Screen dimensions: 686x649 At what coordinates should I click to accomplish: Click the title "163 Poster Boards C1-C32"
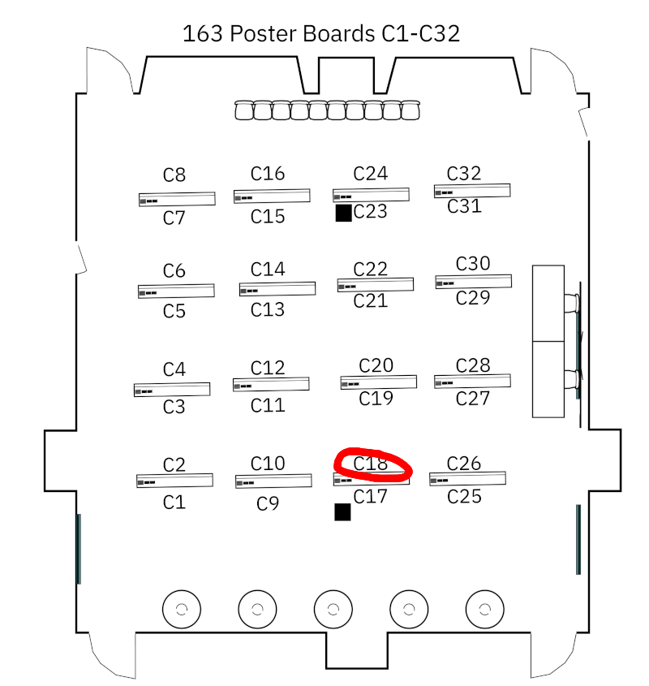click(321, 34)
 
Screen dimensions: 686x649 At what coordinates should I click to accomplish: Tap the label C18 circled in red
click(371, 464)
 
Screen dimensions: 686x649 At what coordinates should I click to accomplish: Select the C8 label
click(174, 175)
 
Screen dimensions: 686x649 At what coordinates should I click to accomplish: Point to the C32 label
click(464, 173)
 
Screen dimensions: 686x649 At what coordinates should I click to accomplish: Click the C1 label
click(174, 503)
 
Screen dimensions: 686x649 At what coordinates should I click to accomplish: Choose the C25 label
click(465, 496)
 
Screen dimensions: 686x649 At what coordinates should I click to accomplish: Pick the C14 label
click(268, 270)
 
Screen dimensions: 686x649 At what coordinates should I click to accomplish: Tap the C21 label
click(371, 301)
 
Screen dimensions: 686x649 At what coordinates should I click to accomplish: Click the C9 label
click(268, 504)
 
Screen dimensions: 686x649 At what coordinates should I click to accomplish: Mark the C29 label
click(473, 298)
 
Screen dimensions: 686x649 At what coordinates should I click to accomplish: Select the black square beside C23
click(343, 213)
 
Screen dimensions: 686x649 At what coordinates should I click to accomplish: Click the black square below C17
click(342, 511)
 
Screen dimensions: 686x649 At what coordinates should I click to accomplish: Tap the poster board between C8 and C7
click(177, 199)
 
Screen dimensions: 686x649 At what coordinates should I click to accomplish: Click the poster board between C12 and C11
click(271, 385)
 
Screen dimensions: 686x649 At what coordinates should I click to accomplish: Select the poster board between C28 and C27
click(472, 381)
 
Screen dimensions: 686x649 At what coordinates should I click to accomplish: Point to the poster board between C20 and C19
click(378, 382)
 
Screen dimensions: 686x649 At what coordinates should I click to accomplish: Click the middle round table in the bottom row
click(333, 608)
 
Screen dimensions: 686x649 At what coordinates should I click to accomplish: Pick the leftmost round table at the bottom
click(182, 608)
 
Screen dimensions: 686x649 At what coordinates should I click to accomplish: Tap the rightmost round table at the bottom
click(484, 608)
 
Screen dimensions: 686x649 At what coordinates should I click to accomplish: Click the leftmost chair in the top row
click(244, 110)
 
